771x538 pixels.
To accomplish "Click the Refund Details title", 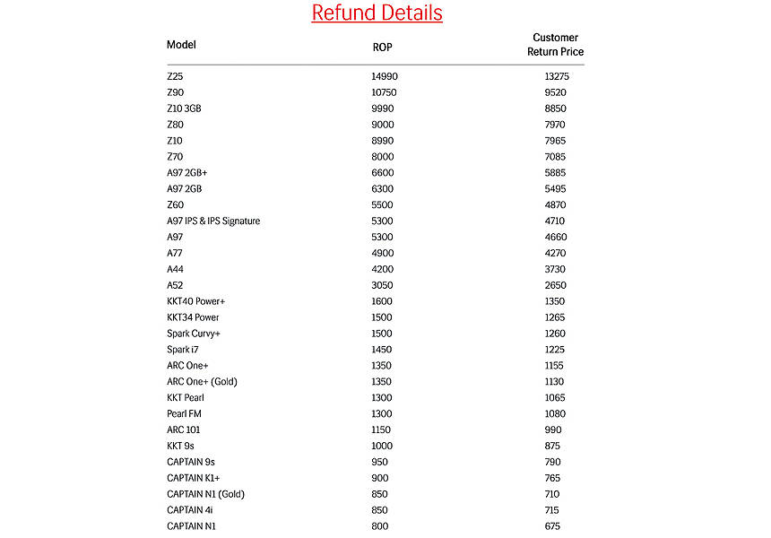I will (x=377, y=13).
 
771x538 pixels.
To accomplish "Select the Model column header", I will (x=181, y=45).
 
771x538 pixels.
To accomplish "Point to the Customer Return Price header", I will (x=555, y=45).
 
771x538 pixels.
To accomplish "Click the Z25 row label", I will (x=175, y=76).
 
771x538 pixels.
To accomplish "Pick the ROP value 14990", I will (x=384, y=76).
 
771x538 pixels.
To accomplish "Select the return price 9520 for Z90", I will (x=555, y=92).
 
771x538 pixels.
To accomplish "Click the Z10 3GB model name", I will (x=185, y=108).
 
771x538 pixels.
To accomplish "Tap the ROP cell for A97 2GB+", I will (x=382, y=173).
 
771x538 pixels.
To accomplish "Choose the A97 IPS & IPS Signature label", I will (x=213, y=221).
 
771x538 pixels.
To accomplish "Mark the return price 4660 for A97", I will (x=555, y=237).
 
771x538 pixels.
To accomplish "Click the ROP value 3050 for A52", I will (x=382, y=285).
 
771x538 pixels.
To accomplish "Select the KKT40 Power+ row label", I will (x=196, y=301).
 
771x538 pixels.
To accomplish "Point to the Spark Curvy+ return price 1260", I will (x=555, y=334).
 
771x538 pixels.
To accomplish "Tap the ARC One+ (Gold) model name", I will (x=203, y=382).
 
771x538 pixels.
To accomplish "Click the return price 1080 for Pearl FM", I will (x=555, y=413).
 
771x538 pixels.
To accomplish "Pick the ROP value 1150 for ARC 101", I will (x=382, y=430).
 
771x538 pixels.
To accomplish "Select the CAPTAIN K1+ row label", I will (x=193, y=478).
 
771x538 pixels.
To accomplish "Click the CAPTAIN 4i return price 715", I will (x=553, y=510).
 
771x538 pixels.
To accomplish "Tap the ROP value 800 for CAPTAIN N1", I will (x=379, y=526).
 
